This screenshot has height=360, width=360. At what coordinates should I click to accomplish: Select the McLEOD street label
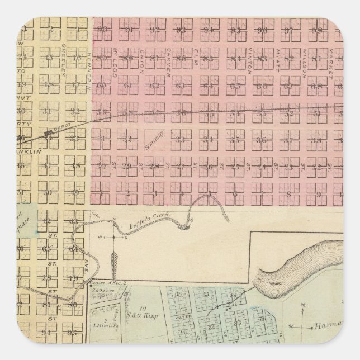click(114, 58)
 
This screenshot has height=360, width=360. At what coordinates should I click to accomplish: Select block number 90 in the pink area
click(102, 29)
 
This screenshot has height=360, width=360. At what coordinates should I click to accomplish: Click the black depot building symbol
click(49, 132)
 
